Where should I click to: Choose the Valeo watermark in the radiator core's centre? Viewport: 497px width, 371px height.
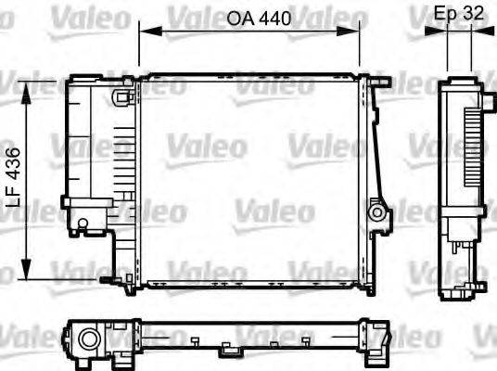[206, 146]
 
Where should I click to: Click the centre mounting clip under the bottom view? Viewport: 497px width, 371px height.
[227, 351]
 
